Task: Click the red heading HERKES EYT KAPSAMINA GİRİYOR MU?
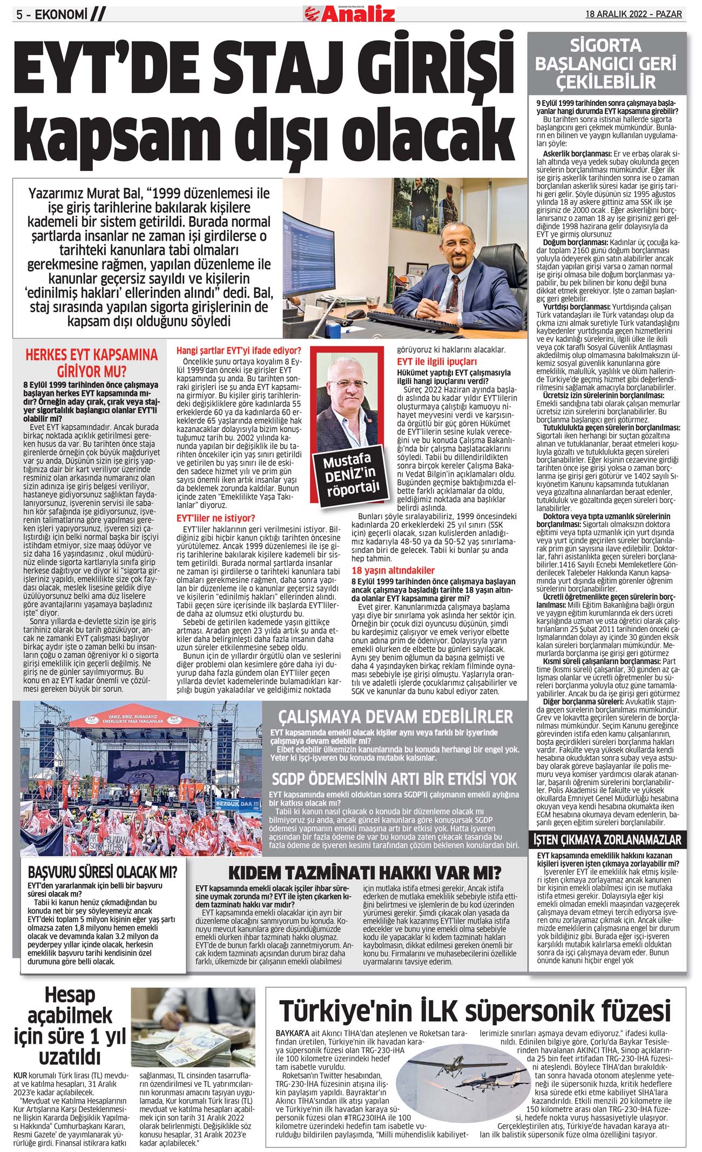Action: (91, 362)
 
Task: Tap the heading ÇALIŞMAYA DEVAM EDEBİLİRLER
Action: (395, 717)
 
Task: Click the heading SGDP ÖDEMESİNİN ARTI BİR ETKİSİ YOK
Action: (394, 779)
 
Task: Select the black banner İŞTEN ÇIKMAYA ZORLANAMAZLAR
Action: (607, 839)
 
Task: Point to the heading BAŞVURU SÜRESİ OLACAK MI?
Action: (102, 872)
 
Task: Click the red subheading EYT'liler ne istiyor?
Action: (216, 517)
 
